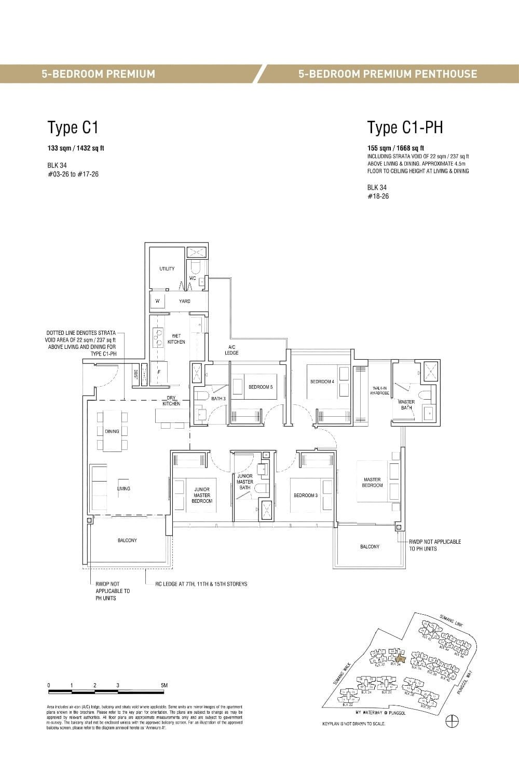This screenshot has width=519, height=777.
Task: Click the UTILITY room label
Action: [x=167, y=269]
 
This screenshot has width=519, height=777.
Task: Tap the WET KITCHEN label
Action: [x=176, y=339]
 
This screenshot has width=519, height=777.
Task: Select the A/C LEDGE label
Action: [x=231, y=350]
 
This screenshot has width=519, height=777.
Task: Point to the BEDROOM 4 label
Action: [x=322, y=382]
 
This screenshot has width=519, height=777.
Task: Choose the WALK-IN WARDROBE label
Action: [x=379, y=391]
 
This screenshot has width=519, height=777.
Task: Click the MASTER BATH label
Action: [x=406, y=404]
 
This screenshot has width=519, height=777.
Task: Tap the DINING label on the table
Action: [x=112, y=431]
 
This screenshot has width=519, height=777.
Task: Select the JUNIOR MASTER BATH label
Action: [x=244, y=482]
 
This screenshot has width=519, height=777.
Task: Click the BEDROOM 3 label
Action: [x=305, y=496]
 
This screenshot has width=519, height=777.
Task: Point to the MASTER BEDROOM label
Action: [x=372, y=483]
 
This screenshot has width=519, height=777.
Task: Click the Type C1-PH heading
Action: [x=405, y=128]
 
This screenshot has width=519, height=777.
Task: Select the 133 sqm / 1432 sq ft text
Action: [x=76, y=148]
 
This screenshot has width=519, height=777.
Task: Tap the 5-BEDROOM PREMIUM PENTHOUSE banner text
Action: [x=387, y=74]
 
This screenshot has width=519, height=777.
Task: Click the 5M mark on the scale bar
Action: [x=164, y=685]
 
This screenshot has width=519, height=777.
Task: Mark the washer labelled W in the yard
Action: [x=157, y=301]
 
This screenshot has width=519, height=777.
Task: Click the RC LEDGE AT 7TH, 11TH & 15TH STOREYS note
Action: [x=201, y=584]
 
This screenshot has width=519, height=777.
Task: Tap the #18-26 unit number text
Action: [x=378, y=196]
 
